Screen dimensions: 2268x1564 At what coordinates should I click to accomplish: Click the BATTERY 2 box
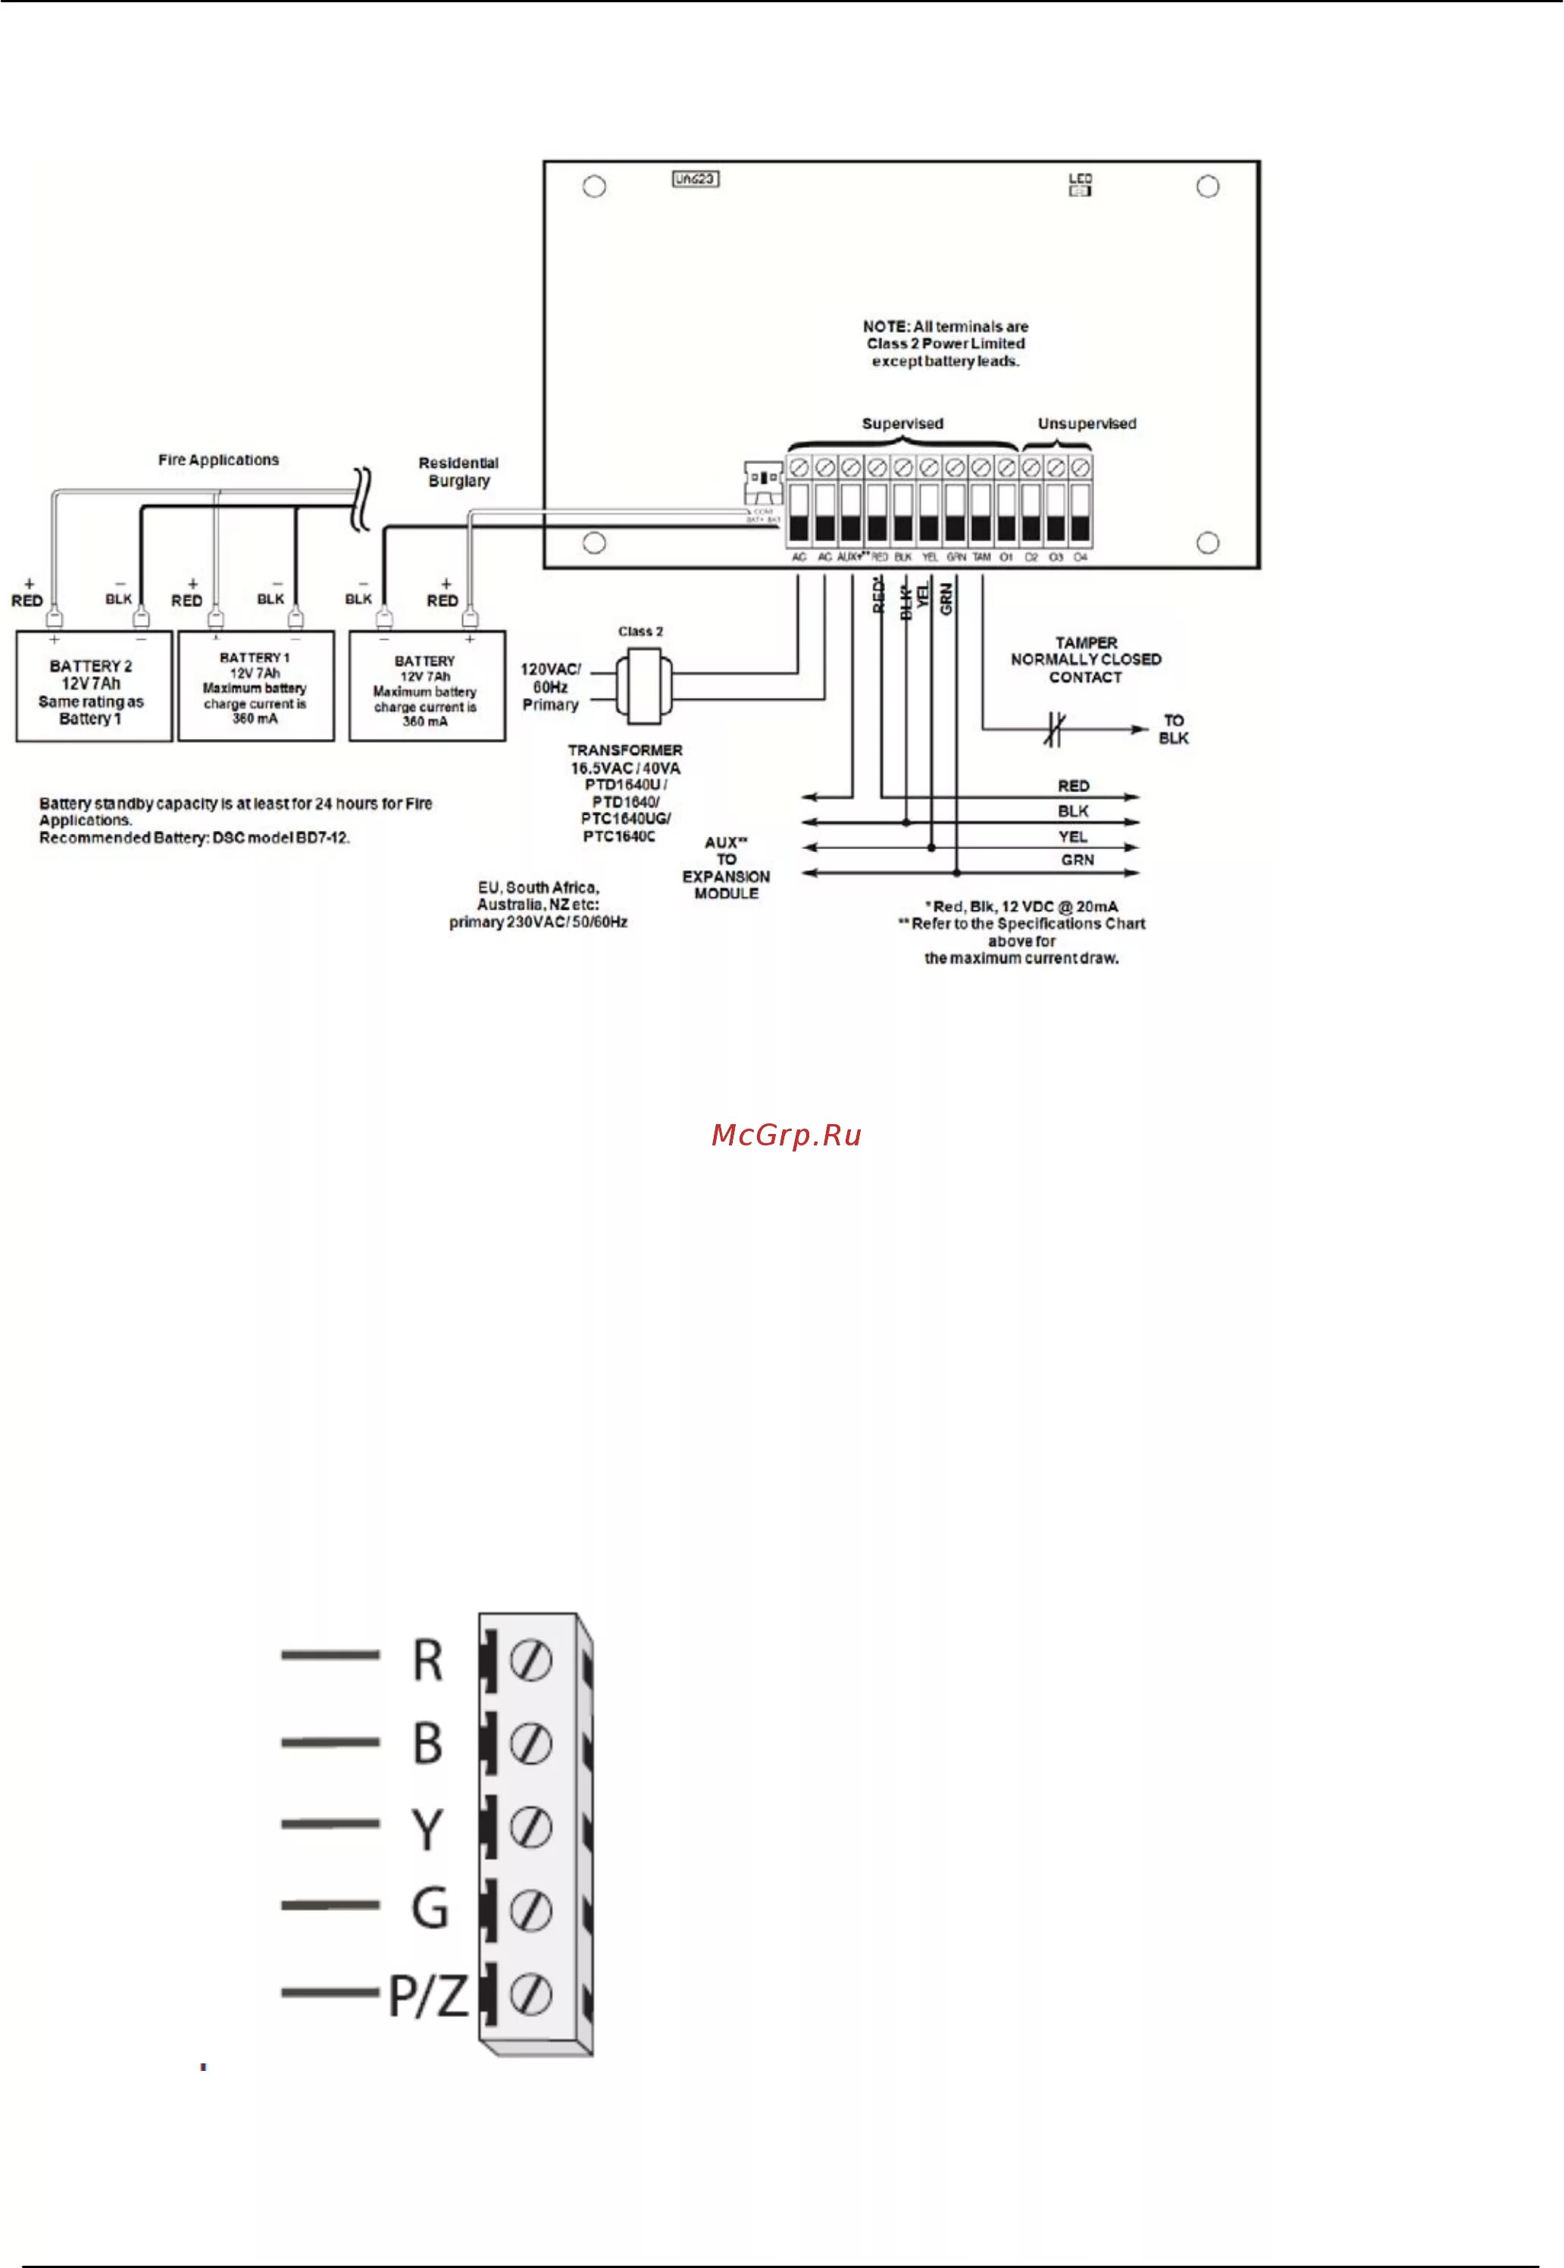(93, 686)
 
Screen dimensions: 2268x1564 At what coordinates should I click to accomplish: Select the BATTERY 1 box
(255, 686)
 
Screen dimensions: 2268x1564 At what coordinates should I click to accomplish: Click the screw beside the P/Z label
(530, 1994)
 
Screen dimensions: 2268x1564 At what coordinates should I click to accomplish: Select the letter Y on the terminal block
(427, 1829)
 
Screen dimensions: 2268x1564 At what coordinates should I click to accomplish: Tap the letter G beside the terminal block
(429, 1910)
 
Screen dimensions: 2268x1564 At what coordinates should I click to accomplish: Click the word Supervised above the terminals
(902, 424)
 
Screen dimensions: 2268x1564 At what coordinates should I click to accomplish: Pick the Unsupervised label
(1087, 424)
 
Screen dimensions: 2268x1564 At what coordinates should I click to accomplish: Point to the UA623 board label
(696, 180)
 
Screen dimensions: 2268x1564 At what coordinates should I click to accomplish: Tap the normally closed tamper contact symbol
(1053, 729)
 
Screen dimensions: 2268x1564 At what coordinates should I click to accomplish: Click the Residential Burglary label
(458, 471)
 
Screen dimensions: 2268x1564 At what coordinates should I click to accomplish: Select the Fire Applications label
(218, 459)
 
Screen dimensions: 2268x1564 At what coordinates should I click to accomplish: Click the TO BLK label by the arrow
(1173, 729)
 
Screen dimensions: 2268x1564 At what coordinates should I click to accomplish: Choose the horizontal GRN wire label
(1077, 860)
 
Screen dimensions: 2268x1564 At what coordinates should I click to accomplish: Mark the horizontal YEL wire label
(1073, 836)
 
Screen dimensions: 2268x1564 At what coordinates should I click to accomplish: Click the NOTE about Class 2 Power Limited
(946, 344)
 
